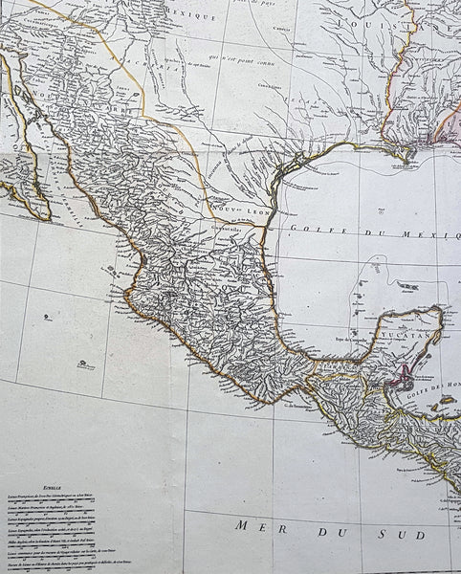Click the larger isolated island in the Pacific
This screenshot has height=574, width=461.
tap(84, 363)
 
